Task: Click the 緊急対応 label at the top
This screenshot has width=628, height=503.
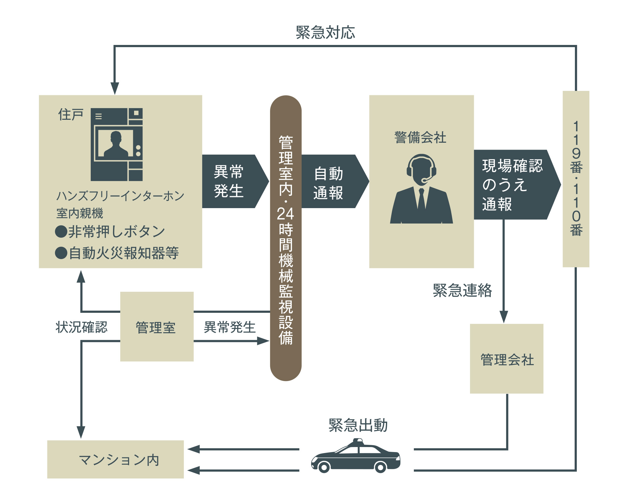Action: pos(325,33)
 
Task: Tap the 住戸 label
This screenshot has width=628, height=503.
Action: pos(71,114)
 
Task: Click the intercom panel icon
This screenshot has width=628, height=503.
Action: pos(116,144)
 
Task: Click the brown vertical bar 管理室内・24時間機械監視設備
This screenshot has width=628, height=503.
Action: pos(286,238)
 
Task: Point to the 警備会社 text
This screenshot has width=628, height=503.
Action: pos(420,138)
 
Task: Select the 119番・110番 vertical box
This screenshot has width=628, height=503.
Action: pos(576,179)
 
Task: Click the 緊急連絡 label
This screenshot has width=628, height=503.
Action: pos(462,290)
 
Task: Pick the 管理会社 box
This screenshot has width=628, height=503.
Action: pos(506,359)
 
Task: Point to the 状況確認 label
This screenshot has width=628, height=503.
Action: pos(82,327)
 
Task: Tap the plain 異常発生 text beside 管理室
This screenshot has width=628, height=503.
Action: pos(230,327)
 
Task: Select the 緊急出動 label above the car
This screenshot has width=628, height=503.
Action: pos(358,425)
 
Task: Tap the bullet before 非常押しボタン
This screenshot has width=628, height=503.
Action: pos(61,232)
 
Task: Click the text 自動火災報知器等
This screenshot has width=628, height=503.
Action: pos(124,253)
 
